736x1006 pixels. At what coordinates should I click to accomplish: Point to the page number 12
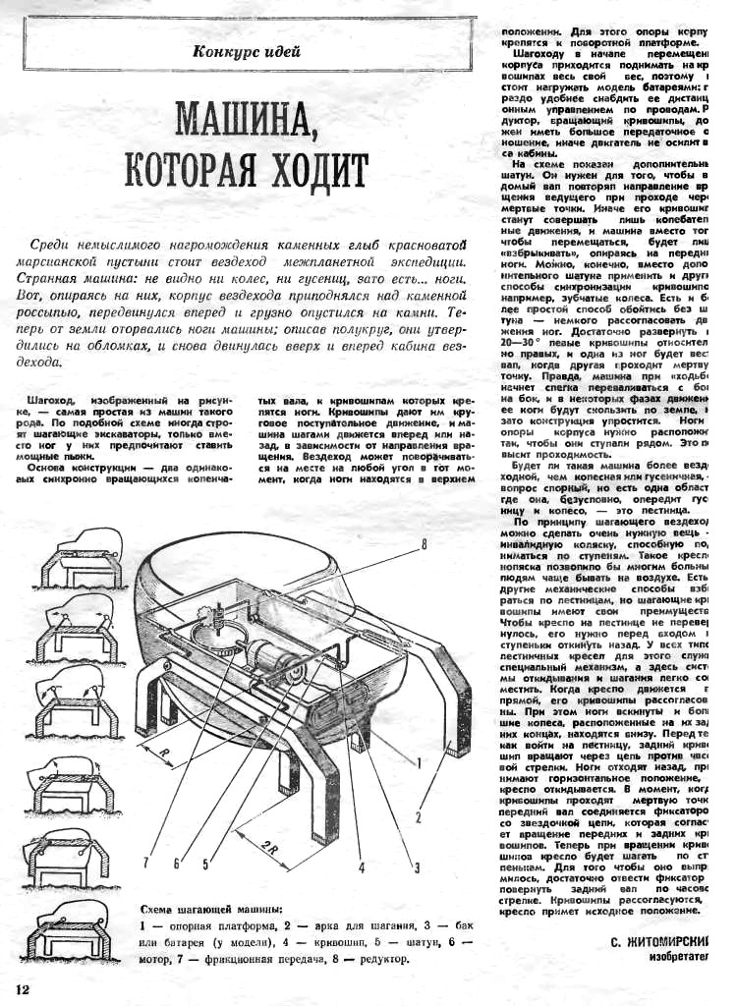click(23, 986)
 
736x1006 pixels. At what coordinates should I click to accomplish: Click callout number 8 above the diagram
click(423, 543)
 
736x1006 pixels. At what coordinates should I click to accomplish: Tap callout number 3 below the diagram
click(416, 866)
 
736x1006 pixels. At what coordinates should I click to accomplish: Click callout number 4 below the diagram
click(362, 866)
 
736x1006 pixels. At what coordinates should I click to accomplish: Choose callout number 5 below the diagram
click(206, 865)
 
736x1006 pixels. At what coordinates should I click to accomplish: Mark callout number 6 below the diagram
click(177, 865)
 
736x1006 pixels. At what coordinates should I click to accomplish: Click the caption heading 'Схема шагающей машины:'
click(212, 909)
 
